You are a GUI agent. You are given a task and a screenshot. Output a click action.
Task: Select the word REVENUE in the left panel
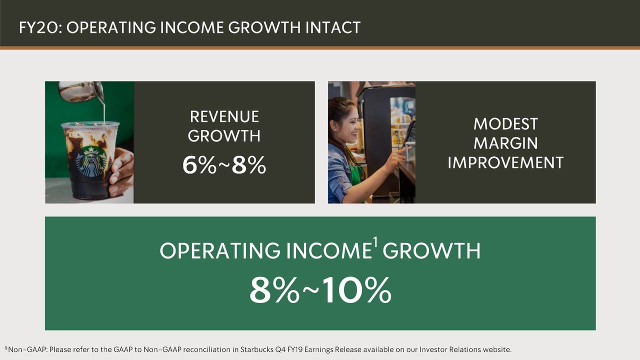point(224,116)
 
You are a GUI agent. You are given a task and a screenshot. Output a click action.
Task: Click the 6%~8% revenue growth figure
point(224,165)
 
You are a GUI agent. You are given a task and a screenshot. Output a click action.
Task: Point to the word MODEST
point(505,124)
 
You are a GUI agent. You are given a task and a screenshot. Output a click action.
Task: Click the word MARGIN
point(505,143)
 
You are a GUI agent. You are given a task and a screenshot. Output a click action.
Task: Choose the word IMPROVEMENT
point(505,162)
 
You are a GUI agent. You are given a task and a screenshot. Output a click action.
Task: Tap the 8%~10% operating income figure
point(320,290)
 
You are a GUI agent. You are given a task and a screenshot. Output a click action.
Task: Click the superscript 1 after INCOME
point(375,242)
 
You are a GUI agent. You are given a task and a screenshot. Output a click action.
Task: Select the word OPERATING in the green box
point(220,251)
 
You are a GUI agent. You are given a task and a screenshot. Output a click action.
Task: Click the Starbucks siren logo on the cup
point(91,161)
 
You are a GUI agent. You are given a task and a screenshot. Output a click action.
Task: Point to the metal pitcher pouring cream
point(81,91)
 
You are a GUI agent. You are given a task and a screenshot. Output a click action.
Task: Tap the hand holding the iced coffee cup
point(121,172)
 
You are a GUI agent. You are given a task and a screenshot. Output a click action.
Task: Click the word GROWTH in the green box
point(431,251)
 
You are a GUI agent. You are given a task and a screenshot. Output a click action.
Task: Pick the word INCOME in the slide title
point(191,27)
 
